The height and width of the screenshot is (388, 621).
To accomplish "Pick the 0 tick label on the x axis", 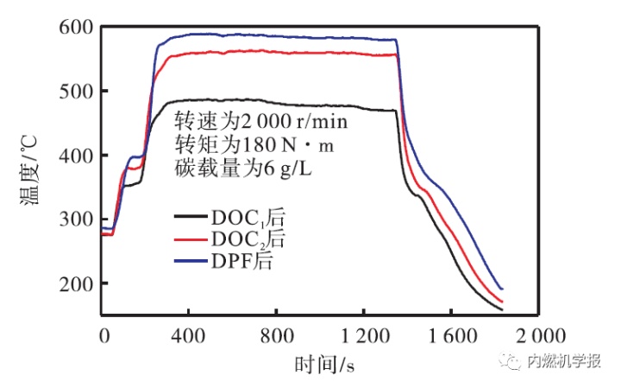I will pos(103,334).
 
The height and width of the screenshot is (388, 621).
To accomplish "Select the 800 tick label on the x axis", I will pos(277,334).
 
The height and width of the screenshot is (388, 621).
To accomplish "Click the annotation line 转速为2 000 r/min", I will pos(262,120).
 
